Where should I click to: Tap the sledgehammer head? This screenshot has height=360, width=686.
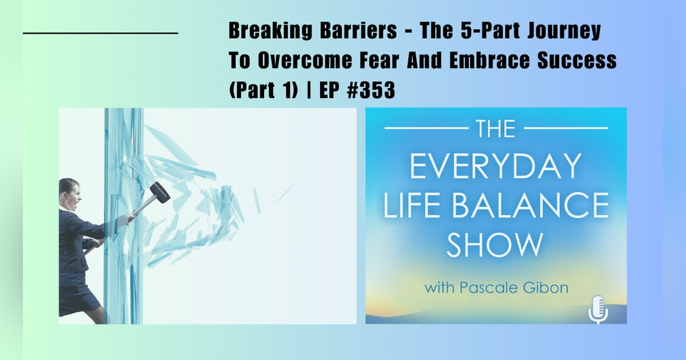click(x=160, y=193)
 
